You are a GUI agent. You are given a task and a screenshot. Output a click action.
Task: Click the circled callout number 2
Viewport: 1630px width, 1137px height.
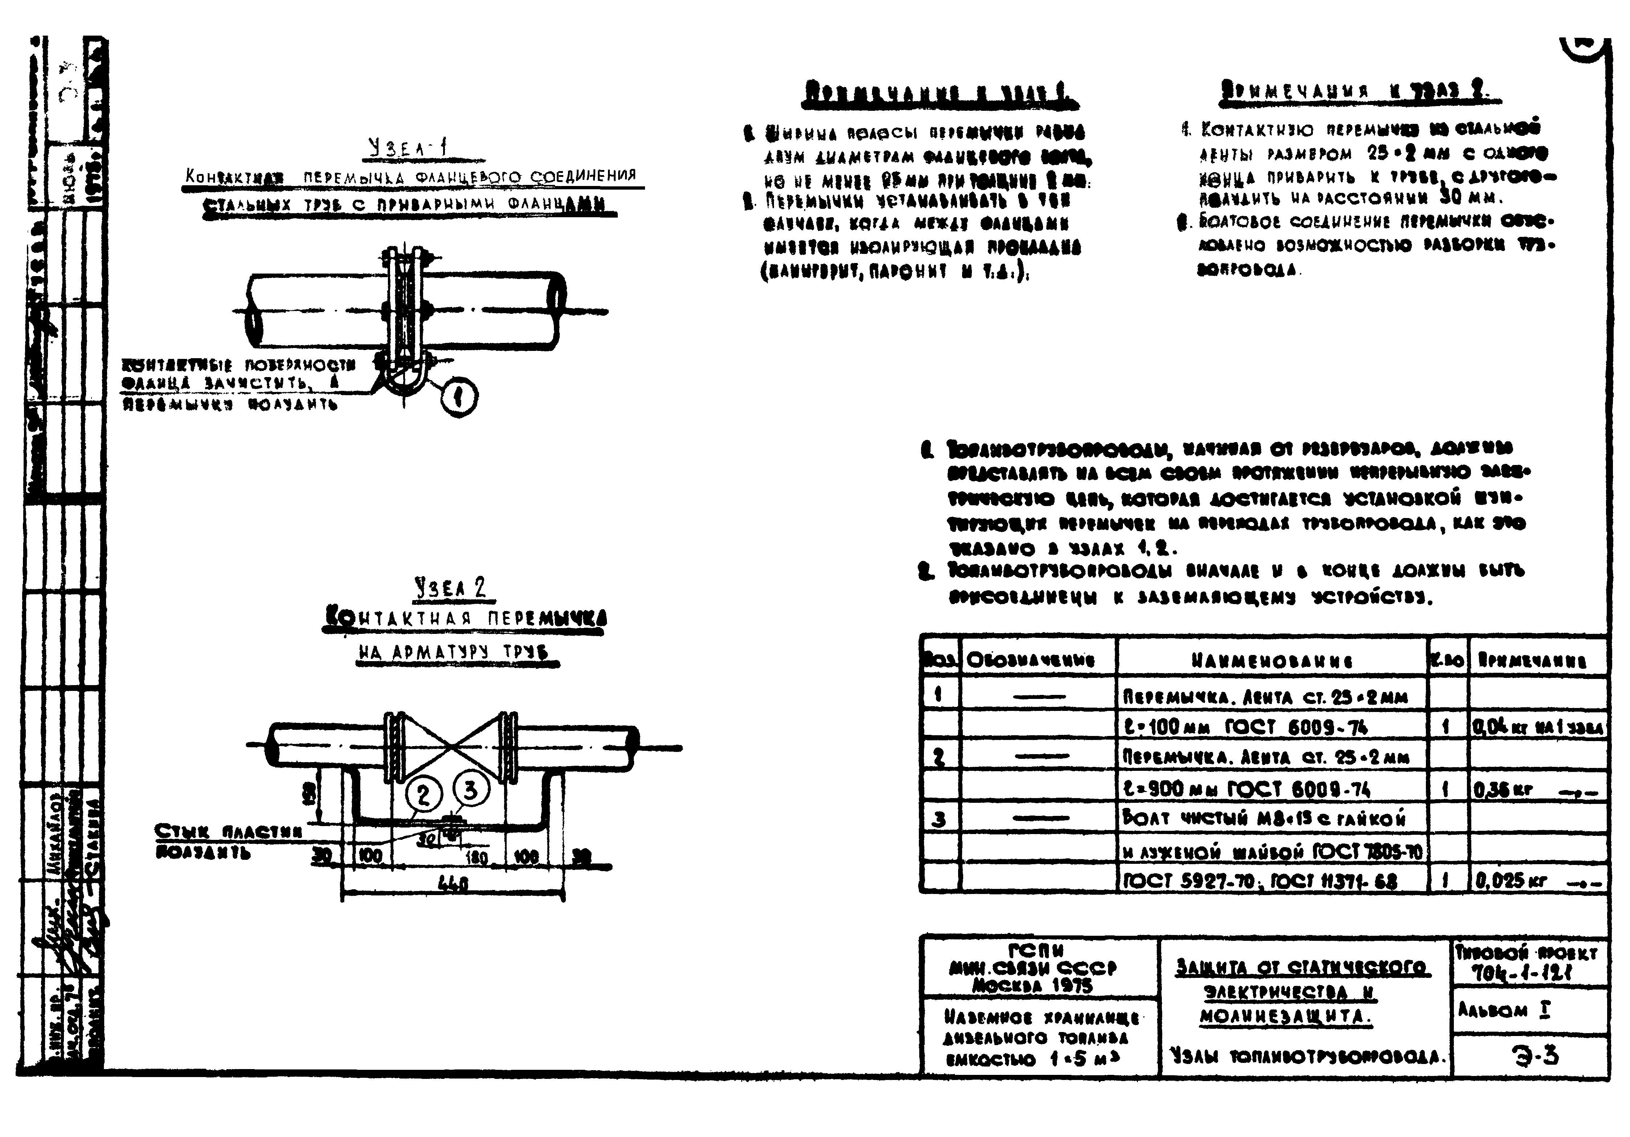click(424, 794)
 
